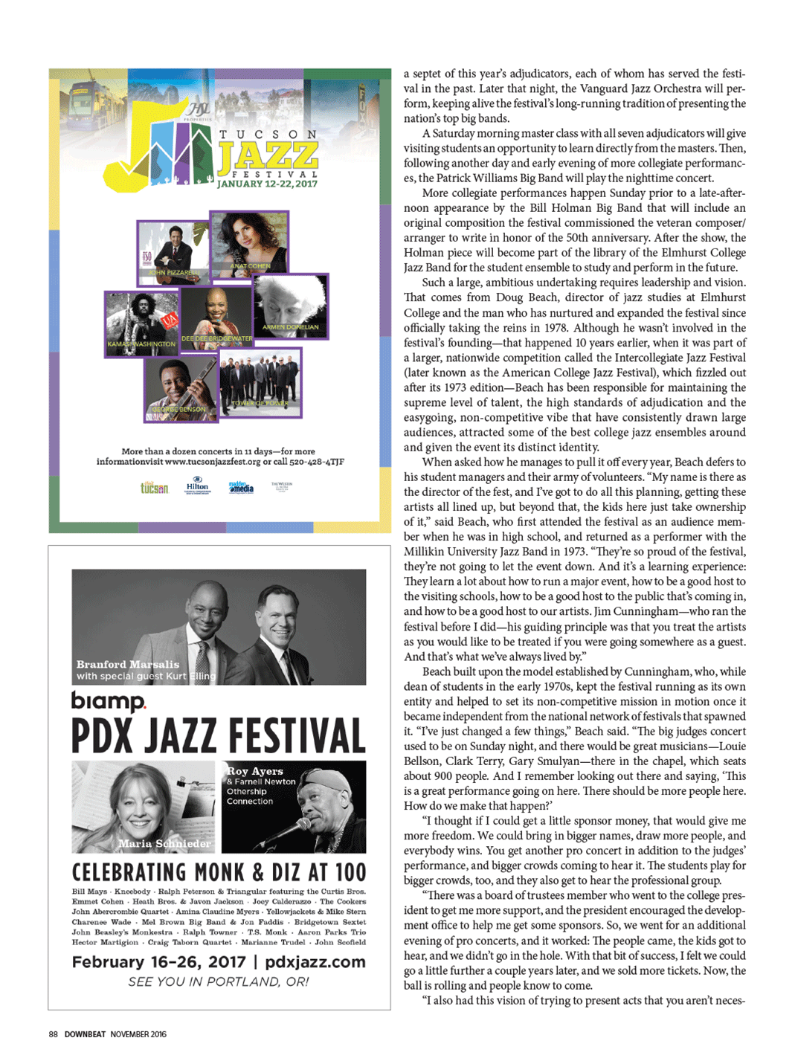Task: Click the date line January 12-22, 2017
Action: [x=267, y=184]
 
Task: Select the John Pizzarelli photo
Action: [x=173, y=253]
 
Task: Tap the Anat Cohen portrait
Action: [x=249, y=242]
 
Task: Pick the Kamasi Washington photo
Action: [x=141, y=323]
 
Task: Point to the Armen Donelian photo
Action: [x=290, y=306]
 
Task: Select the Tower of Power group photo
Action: [x=260, y=382]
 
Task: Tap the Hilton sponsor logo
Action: [x=197, y=486]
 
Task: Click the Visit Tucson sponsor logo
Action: [x=155, y=488]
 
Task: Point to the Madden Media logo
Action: [x=241, y=487]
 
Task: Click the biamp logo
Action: [x=109, y=701]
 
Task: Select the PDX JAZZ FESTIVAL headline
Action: [x=219, y=736]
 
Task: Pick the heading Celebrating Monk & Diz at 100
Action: [x=219, y=872]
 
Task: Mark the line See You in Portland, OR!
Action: [x=219, y=981]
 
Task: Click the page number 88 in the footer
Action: [x=54, y=1034]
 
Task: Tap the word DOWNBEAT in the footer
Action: [x=85, y=1034]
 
